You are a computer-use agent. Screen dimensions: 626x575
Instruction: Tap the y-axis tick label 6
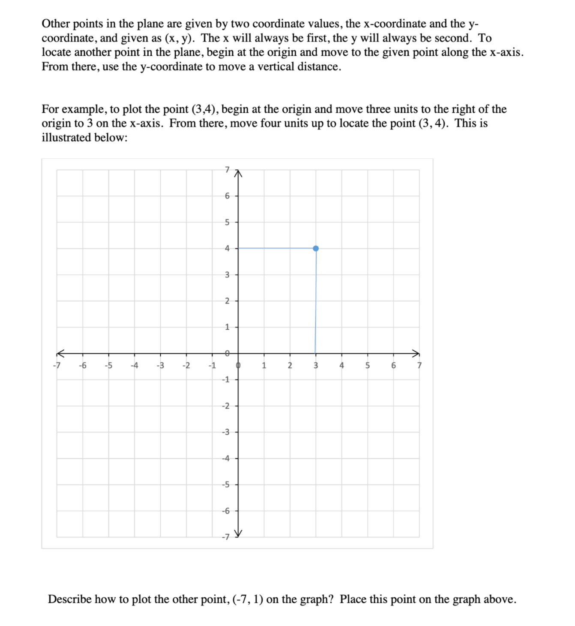click(227, 196)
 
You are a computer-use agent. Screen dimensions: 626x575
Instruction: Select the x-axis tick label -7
click(56, 366)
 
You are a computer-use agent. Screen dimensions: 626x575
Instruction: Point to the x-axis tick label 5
click(367, 366)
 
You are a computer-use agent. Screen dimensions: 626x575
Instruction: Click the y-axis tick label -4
click(226, 458)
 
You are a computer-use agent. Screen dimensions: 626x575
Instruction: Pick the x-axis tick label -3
click(160, 366)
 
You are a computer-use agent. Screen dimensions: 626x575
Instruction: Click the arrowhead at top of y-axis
click(239, 173)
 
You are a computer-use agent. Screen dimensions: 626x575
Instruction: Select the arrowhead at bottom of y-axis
click(239, 533)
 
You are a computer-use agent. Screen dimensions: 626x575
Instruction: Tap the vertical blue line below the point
click(316, 300)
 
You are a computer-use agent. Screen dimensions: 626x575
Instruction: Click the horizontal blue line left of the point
click(276, 248)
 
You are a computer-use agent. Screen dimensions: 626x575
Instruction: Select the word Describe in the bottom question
click(69, 599)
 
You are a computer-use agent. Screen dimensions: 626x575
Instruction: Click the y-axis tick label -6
click(226, 511)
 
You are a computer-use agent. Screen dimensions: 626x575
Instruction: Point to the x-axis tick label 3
click(315, 366)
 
